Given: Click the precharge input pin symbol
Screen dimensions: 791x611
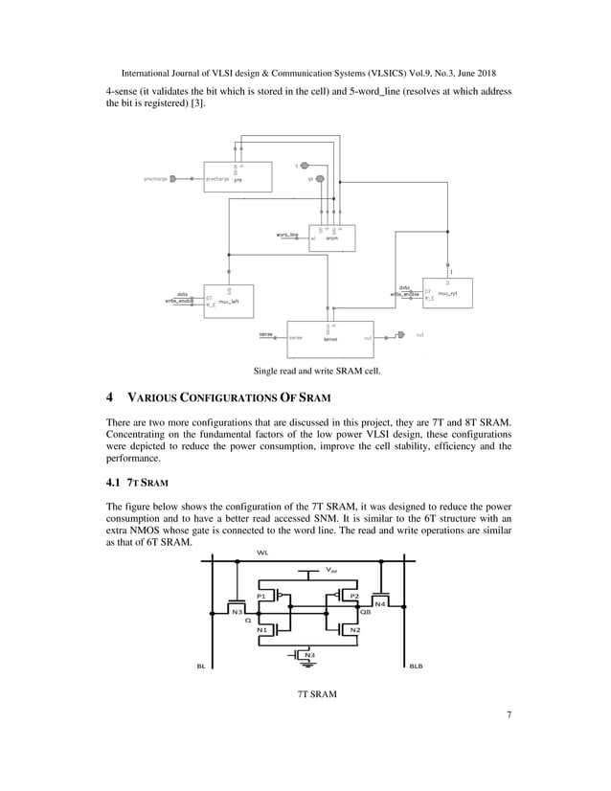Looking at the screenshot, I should (172, 178).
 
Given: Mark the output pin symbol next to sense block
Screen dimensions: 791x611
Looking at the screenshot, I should (401, 336).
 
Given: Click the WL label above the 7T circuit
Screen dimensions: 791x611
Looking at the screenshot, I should (262, 553).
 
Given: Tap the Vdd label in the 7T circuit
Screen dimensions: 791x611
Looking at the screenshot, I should (331, 570).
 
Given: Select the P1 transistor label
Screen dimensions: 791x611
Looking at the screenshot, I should (260, 595).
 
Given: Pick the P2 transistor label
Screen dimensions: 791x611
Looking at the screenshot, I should (353, 595).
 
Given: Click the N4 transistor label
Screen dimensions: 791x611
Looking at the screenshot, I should (380, 603).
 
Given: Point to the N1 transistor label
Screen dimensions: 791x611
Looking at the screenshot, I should (261, 629).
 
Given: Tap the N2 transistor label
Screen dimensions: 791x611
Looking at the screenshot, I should (354, 629).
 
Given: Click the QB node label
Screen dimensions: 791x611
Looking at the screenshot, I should (366, 614).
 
